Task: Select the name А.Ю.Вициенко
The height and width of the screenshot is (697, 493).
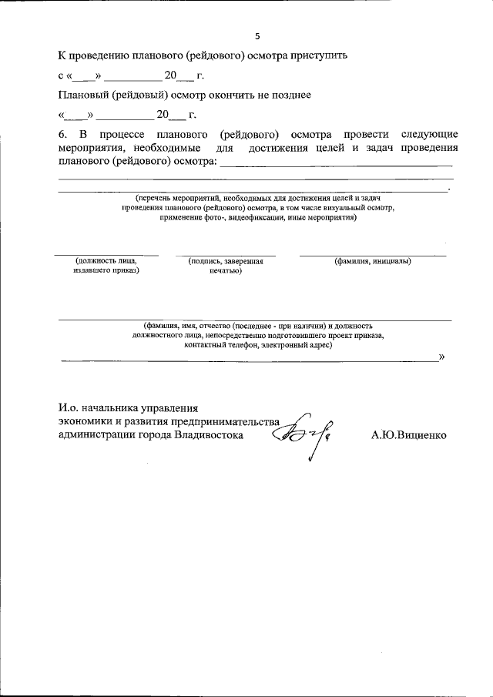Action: [408, 434]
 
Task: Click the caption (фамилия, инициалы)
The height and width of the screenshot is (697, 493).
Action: [372, 261]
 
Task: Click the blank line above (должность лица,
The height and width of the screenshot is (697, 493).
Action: [106, 254]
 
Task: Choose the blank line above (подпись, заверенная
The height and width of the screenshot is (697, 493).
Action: [225, 254]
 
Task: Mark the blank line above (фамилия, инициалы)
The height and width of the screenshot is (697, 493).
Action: [372, 254]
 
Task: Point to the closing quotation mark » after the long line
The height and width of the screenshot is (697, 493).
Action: [441, 357]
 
